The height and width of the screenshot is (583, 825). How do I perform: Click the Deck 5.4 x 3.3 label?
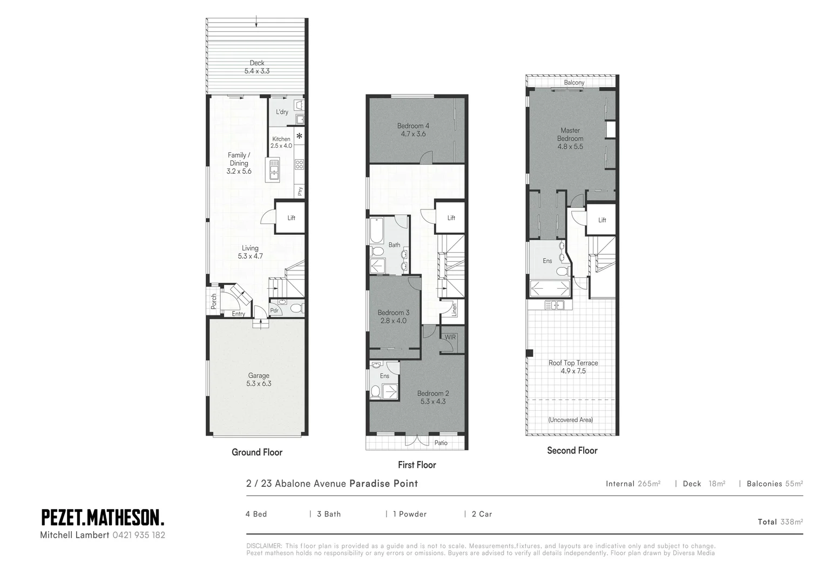tap(257, 67)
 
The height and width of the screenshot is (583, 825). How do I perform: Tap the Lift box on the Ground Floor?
tap(291, 218)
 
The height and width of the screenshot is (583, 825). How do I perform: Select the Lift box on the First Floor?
tap(451, 218)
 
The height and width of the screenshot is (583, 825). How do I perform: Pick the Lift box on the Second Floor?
tap(602, 220)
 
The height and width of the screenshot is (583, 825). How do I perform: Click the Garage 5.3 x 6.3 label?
tap(259, 379)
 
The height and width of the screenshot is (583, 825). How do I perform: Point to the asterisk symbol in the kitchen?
tap(299, 136)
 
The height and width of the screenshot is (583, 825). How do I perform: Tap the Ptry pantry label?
tap(300, 191)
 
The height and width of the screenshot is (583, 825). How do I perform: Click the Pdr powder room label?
tap(274, 310)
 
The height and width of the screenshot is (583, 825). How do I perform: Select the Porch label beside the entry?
tap(214, 301)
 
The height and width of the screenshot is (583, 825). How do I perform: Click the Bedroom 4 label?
tap(413, 130)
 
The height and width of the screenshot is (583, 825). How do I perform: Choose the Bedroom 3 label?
tap(393, 316)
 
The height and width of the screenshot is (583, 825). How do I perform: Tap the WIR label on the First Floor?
tap(450, 337)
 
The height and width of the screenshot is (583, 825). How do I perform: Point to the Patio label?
tap(441, 443)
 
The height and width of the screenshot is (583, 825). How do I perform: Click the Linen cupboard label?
tap(454, 309)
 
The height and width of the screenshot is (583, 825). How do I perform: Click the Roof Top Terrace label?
tap(573, 367)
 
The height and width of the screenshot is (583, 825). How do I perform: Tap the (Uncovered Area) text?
tap(570, 419)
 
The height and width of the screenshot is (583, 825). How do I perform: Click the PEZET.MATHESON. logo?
tap(103, 517)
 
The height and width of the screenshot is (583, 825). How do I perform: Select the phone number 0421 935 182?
tap(139, 535)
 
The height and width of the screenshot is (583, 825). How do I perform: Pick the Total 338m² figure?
tap(780, 521)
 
